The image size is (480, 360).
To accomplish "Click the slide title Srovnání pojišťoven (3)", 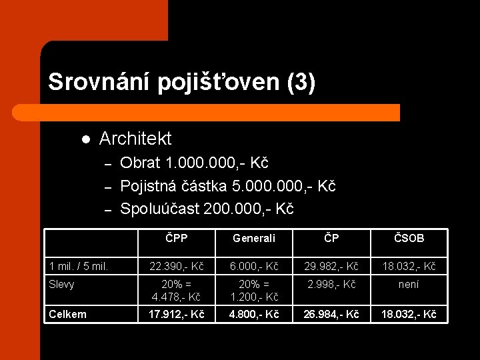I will pyautogui.click(x=181, y=82).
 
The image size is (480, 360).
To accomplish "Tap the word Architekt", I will pyautogui.click(x=135, y=139).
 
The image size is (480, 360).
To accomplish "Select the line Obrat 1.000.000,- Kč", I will pyautogui.click(x=194, y=163).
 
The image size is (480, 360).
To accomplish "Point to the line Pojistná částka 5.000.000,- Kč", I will pyautogui.click(x=227, y=186).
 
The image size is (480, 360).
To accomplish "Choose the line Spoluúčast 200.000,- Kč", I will pyautogui.click(x=207, y=209).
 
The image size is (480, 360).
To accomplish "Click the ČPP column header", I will pyautogui.click(x=176, y=238).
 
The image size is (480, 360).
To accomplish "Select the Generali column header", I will pyautogui.click(x=253, y=238).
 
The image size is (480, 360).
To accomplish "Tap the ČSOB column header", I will pyautogui.click(x=408, y=238).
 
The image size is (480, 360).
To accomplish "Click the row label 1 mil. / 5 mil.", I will pyautogui.click(x=79, y=267).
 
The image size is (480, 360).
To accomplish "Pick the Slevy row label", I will pyautogui.click(x=62, y=285).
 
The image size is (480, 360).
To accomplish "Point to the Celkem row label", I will pyautogui.click(x=67, y=314).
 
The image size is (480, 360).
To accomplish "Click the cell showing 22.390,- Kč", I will pyautogui.click(x=176, y=267).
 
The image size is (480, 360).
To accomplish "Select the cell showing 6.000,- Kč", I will pyautogui.click(x=253, y=267).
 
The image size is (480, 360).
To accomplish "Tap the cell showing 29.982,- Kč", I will pyautogui.click(x=331, y=267).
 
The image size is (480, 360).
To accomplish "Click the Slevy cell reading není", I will pyautogui.click(x=408, y=285).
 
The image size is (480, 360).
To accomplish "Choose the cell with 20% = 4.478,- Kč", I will pyautogui.click(x=176, y=290).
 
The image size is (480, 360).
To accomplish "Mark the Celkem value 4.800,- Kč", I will pyautogui.click(x=253, y=314).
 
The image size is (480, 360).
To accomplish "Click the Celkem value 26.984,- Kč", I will pyautogui.click(x=331, y=314).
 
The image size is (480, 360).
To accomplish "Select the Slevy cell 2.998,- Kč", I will pyautogui.click(x=331, y=285).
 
